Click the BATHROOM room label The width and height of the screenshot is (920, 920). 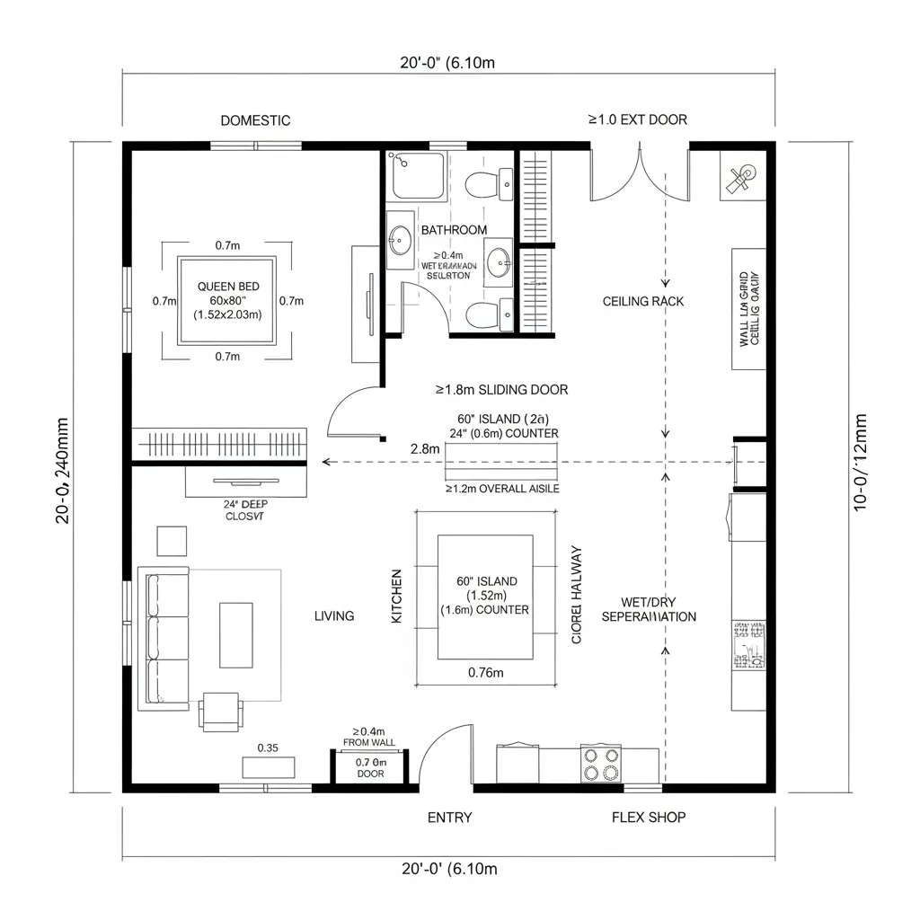point(454,230)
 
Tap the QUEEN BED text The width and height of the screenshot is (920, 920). point(228,286)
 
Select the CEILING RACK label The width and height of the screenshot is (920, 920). point(643,301)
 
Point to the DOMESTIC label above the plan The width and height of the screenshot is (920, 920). point(255,120)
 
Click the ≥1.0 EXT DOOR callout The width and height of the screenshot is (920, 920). point(638,119)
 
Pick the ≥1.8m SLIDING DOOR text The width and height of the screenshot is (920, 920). point(501,390)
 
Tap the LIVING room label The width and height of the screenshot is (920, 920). point(334,616)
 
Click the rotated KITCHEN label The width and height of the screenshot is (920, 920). point(397,597)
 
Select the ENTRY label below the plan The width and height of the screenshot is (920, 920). point(449,818)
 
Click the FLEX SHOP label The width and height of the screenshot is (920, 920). point(649,818)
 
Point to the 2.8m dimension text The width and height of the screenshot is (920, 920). point(424,448)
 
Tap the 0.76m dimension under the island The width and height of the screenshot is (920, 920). point(486,672)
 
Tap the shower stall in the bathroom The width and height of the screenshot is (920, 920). point(417,176)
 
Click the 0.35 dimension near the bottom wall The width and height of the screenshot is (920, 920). point(268,747)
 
